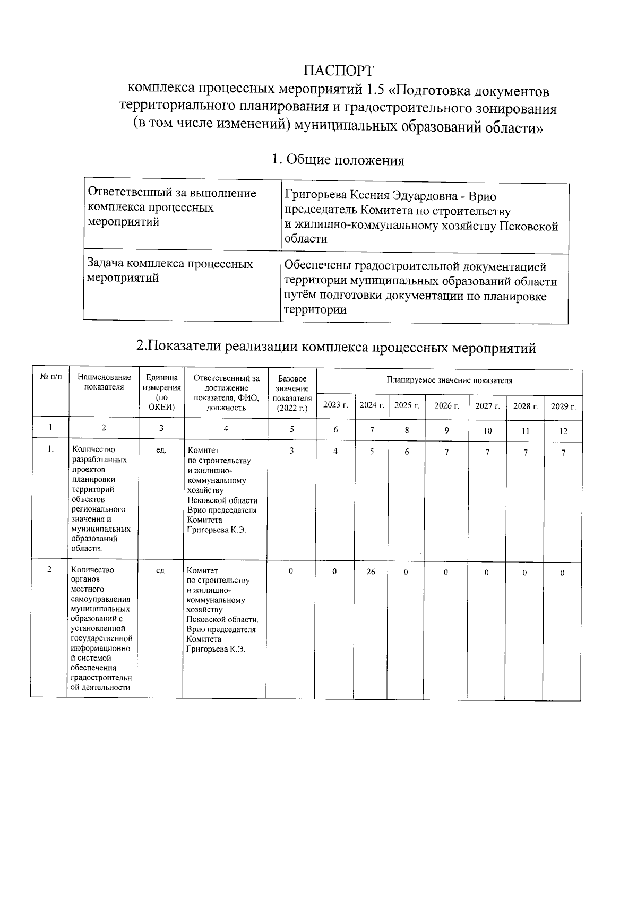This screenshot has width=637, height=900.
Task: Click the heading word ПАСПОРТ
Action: [x=338, y=71]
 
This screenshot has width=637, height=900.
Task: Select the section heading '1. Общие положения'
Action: [x=338, y=160]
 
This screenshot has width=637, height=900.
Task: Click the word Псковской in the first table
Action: [x=530, y=227]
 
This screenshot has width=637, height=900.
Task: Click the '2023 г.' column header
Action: [x=335, y=405]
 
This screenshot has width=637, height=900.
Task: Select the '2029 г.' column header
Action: [x=563, y=406]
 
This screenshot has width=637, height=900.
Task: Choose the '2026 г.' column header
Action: [x=447, y=405]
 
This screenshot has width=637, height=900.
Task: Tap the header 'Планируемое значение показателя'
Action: [x=449, y=380]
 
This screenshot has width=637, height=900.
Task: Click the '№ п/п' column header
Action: [x=50, y=377]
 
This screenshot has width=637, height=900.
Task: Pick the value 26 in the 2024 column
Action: [x=371, y=572]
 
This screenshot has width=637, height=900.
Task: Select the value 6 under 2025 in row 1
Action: [x=407, y=452]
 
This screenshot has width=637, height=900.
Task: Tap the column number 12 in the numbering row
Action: [x=563, y=431]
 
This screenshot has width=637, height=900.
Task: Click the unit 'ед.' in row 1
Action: [x=161, y=451]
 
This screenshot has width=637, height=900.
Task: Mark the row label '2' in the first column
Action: [x=49, y=569]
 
